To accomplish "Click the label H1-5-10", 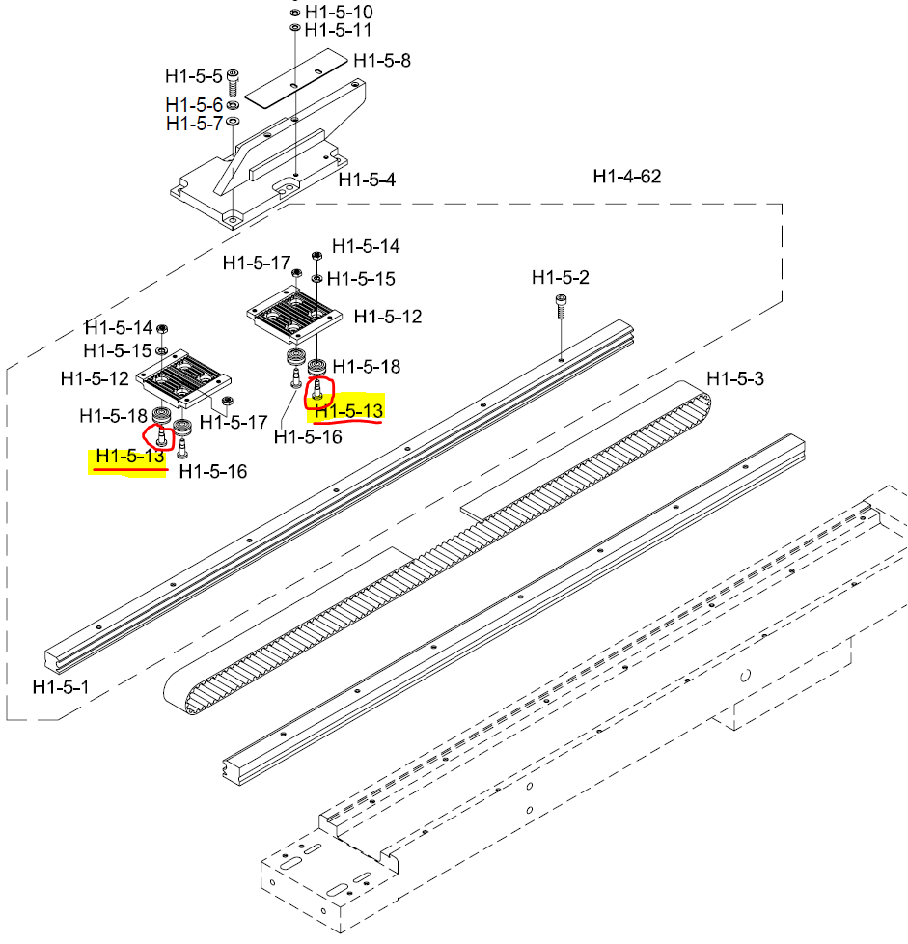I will pyautogui.click(x=339, y=13).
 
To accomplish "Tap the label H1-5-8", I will pyautogui.click(x=382, y=60).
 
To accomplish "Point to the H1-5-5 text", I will pyautogui.click(x=194, y=75).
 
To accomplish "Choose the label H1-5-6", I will pyautogui.click(x=194, y=104).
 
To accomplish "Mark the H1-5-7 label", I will pyautogui.click(x=194, y=124).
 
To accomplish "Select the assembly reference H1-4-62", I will pyautogui.click(x=627, y=177).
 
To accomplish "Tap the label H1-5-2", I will pyautogui.click(x=561, y=278).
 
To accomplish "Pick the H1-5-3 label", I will pyautogui.click(x=735, y=378).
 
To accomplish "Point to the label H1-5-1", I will pyautogui.click(x=61, y=687).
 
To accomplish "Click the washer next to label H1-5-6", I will pyautogui.click(x=234, y=104).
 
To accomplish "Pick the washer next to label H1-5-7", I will pyautogui.click(x=234, y=122).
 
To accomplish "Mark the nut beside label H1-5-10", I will pyautogui.click(x=293, y=14).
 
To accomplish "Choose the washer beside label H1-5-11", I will pyautogui.click(x=293, y=30).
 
